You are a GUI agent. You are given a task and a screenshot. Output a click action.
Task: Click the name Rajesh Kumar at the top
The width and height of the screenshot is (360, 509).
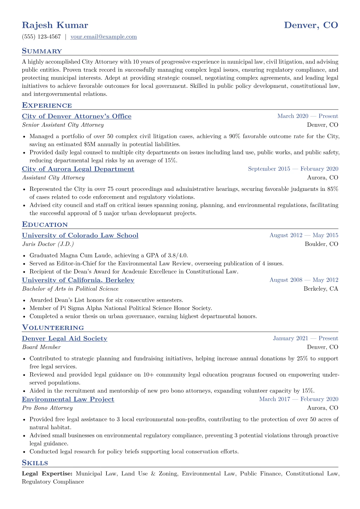55,25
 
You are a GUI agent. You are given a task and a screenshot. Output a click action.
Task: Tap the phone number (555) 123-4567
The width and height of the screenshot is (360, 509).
41,37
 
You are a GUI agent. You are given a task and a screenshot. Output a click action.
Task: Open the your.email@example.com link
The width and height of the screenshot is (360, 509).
103,37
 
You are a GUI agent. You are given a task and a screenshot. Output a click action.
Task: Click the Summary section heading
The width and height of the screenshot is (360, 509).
42,51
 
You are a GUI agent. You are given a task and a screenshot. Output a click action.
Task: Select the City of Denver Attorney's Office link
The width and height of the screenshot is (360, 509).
77,116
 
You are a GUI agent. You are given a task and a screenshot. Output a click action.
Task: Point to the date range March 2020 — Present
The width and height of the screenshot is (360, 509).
307,116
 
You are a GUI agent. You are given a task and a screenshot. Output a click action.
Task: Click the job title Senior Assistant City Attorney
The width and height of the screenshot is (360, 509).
63,125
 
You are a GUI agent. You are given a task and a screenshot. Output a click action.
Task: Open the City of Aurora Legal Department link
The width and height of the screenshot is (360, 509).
78,169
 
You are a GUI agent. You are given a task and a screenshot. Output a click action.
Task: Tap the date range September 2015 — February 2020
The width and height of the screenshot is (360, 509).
293,169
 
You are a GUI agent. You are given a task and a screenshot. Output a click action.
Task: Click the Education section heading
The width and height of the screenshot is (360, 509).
45,225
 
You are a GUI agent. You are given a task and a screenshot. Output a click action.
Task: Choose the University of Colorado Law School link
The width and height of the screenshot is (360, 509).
80,236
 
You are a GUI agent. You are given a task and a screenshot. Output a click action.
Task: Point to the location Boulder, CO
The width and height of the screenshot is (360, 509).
321,244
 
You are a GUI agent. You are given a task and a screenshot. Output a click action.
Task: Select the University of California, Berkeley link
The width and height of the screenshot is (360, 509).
78,280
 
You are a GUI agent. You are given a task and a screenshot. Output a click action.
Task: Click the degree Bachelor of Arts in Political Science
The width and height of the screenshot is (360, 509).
70,289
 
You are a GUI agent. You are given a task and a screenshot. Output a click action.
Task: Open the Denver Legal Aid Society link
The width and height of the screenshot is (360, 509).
64,339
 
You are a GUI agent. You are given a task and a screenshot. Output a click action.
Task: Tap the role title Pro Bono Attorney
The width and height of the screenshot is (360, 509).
47,408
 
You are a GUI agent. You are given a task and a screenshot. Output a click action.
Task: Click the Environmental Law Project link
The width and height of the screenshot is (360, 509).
68,400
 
